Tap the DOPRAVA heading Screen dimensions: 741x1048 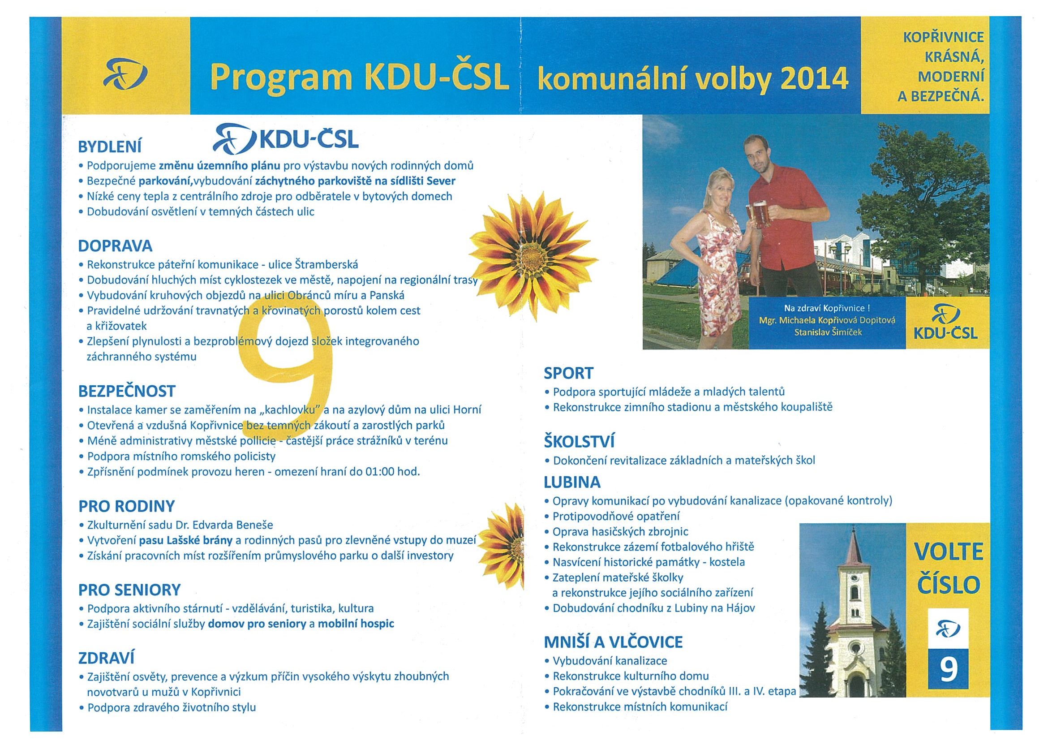tap(115, 246)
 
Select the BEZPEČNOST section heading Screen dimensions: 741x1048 tap(126, 391)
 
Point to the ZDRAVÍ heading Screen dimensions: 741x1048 tap(106, 658)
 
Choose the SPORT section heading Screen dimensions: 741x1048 tap(568, 373)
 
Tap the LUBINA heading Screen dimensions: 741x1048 tap(572, 482)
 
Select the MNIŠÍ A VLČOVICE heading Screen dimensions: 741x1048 tap(613, 642)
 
